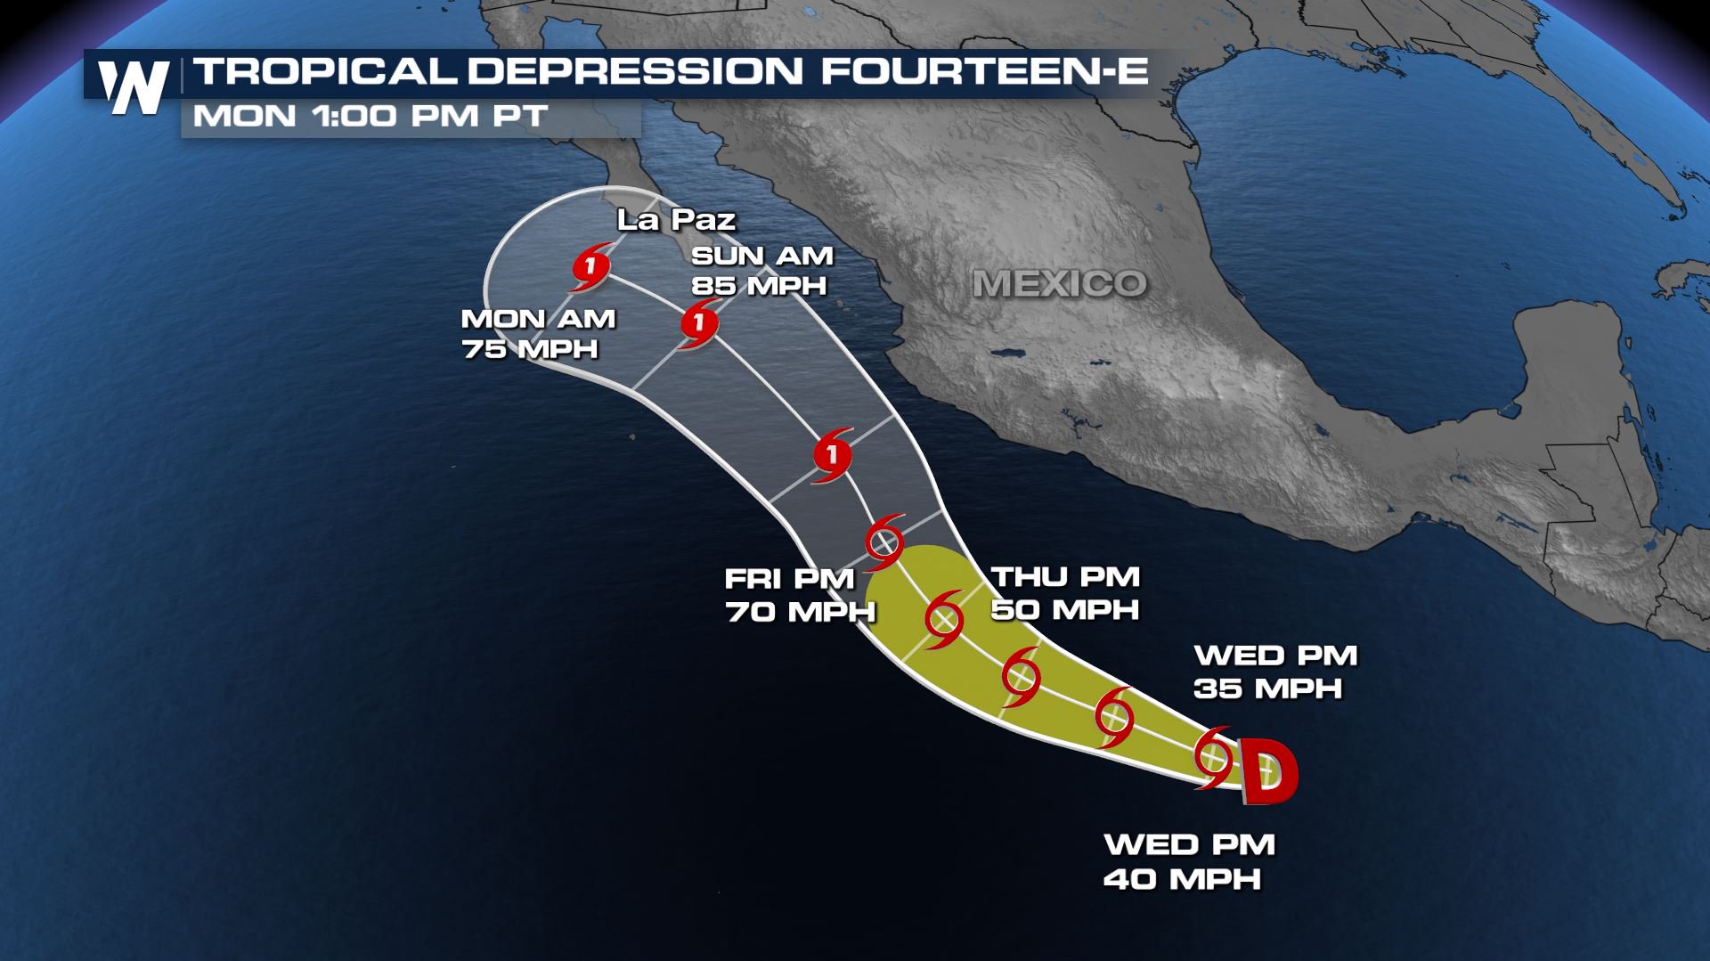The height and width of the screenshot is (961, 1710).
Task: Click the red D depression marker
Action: [x=1268, y=772]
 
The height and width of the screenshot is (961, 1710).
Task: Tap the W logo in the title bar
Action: [x=134, y=87]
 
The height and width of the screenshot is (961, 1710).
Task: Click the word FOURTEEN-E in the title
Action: [x=985, y=71]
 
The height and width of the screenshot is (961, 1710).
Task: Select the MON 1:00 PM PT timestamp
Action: [x=370, y=117]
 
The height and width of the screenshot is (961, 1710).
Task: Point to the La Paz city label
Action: [x=676, y=219]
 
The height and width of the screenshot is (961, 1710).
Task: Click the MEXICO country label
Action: [x=1059, y=284]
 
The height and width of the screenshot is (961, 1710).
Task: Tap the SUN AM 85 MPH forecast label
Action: [x=761, y=271]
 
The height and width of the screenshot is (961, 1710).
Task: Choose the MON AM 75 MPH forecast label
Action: [x=538, y=334]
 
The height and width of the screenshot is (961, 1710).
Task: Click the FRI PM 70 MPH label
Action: [x=799, y=595]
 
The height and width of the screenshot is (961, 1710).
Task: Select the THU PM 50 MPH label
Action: [x=1065, y=593]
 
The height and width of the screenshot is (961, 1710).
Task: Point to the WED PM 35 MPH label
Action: [x=1274, y=672]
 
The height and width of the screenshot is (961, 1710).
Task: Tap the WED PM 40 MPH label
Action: [x=1189, y=861]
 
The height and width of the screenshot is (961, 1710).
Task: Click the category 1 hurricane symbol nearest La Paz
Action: [x=590, y=267]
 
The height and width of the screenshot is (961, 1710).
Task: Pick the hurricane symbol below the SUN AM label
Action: [x=699, y=323]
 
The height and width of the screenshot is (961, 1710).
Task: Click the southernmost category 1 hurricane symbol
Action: [x=833, y=456]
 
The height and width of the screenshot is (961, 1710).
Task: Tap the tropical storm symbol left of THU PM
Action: [x=944, y=618]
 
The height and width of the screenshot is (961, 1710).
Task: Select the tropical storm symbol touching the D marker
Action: [x=1213, y=757]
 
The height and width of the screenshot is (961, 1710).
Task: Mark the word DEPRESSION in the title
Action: [x=635, y=71]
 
